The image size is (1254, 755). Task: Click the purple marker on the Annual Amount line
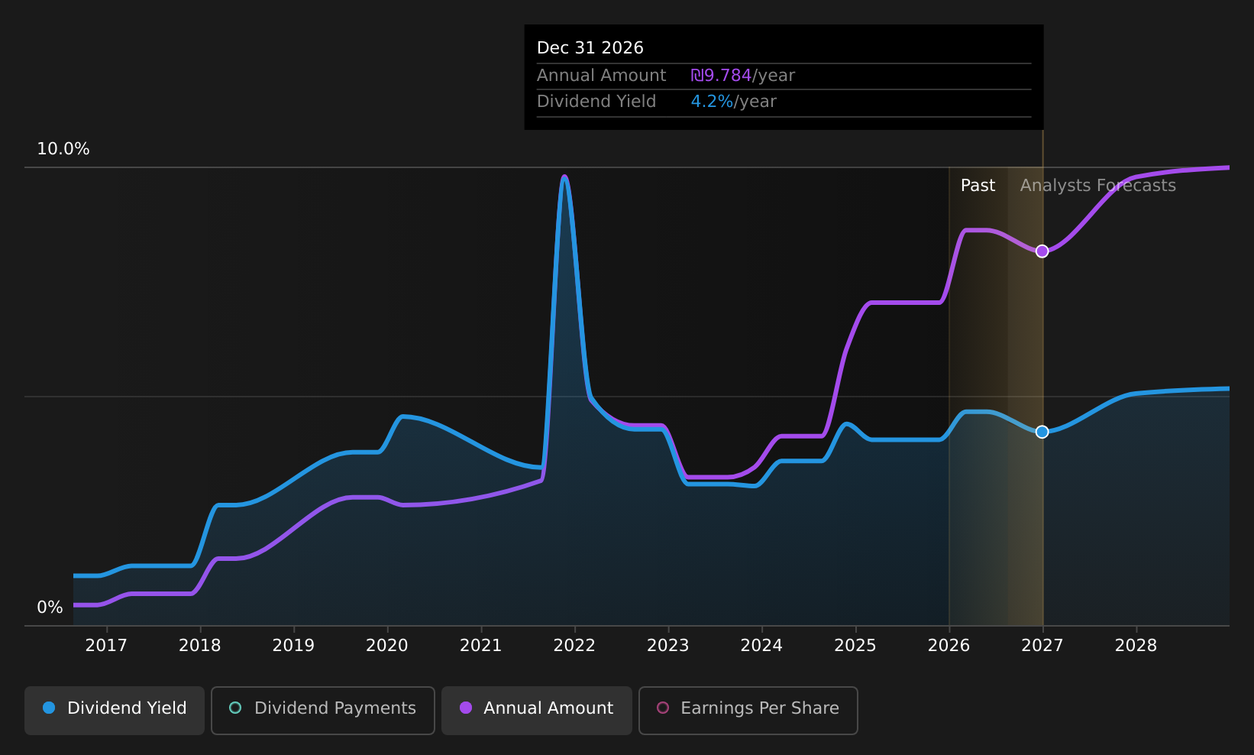pos(1042,251)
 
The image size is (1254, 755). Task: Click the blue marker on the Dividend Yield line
pos(1042,432)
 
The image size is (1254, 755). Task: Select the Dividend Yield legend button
pos(115,710)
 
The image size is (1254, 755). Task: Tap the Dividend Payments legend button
pos(323,710)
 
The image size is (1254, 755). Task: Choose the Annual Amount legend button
pos(537,710)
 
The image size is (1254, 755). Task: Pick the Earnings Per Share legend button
pos(748,710)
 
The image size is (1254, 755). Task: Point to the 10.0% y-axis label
pos(63,149)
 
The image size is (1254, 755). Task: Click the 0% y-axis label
pos(50,608)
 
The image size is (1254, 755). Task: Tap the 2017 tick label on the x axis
pos(106,646)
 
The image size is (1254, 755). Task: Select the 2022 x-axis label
pos(574,646)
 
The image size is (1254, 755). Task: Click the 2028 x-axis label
pos(1136,646)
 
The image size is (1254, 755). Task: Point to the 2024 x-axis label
pos(761,646)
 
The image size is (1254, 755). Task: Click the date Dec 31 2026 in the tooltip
pos(590,48)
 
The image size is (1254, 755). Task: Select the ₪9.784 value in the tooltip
pos(721,76)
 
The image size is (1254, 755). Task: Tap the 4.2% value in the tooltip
pos(712,102)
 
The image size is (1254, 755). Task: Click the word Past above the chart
pos(978,186)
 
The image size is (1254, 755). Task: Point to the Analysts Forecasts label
pos(1097,186)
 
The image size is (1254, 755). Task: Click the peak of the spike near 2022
pos(564,177)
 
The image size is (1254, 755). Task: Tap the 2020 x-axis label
pos(387,646)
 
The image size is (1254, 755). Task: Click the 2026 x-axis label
pos(949,646)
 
